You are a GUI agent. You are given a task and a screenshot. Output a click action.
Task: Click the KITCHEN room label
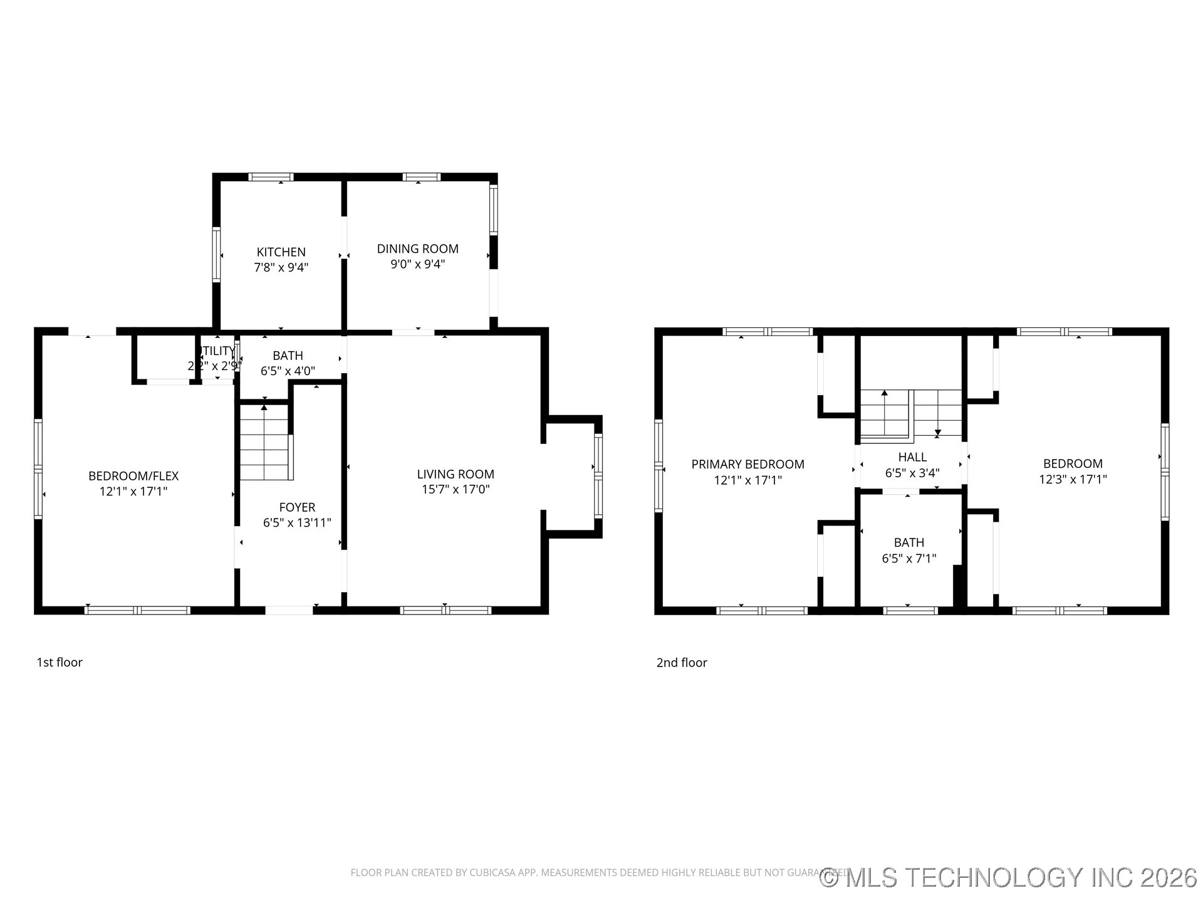(281, 252)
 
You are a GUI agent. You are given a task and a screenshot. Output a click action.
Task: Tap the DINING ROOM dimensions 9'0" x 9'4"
(417, 264)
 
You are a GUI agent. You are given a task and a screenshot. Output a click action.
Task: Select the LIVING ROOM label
(456, 474)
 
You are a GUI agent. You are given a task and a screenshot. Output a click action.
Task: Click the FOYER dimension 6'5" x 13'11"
(297, 522)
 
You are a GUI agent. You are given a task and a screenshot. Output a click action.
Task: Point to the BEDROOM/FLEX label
(133, 476)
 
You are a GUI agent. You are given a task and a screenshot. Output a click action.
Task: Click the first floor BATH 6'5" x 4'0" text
(288, 371)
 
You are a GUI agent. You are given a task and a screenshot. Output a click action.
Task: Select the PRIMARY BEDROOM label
(747, 464)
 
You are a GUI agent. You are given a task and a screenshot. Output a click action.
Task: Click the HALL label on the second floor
(912, 457)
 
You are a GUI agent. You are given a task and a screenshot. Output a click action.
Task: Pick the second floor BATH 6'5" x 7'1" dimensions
(909, 558)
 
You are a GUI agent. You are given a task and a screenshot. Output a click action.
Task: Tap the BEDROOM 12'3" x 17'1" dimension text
(1073, 479)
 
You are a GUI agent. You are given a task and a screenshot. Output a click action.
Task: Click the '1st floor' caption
(60, 662)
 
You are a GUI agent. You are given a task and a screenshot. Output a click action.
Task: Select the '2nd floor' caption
(682, 662)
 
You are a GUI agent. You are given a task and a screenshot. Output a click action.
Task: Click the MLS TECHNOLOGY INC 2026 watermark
(1009, 877)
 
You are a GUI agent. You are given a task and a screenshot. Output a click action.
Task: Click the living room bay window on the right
(598, 476)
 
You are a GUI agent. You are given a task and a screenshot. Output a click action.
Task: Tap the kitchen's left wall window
(217, 255)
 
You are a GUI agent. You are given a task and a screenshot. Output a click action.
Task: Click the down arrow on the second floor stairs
(938, 432)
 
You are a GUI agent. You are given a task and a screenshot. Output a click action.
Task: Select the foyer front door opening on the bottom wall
(289, 610)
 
